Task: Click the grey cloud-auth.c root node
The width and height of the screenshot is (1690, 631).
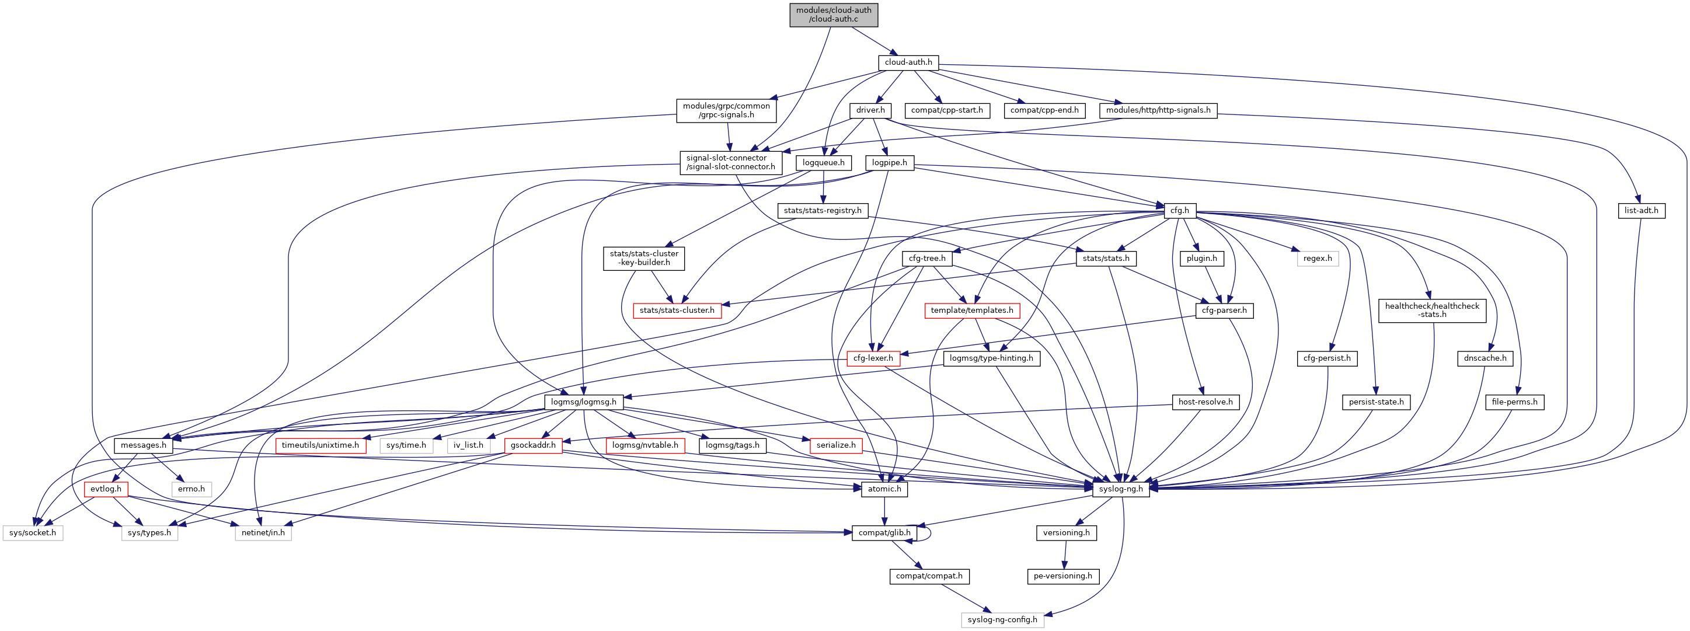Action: pos(833,15)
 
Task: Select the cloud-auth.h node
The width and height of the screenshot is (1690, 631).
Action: pos(908,62)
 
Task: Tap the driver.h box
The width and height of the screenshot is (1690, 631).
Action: pos(870,110)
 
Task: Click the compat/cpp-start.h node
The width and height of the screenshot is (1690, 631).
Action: pos(947,110)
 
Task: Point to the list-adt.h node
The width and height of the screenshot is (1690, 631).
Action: pos(1641,211)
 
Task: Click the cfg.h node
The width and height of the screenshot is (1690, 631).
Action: pos(1180,211)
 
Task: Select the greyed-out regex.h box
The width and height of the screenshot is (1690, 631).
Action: pos(1318,259)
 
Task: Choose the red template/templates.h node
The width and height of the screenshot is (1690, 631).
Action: pos(971,311)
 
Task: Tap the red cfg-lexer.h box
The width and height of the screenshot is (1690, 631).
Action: pos(873,358)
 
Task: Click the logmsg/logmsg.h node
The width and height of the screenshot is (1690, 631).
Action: pos(583,402)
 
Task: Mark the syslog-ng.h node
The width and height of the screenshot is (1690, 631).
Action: pos(1121,489)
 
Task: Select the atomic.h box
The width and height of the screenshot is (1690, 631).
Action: pos(884,489)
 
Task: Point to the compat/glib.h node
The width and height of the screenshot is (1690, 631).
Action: pos(884,532)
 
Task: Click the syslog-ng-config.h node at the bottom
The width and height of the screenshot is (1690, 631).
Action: pos(1002,619)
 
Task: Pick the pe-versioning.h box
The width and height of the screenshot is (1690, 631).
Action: pos(1063,576)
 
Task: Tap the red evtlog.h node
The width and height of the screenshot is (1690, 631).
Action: pos(106,489)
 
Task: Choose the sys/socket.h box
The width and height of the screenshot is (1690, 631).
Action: pos(33,532)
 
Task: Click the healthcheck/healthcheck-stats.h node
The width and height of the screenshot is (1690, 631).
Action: pos(1432,311)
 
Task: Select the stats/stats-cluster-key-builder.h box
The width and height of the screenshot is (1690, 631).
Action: pos(643,258)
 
